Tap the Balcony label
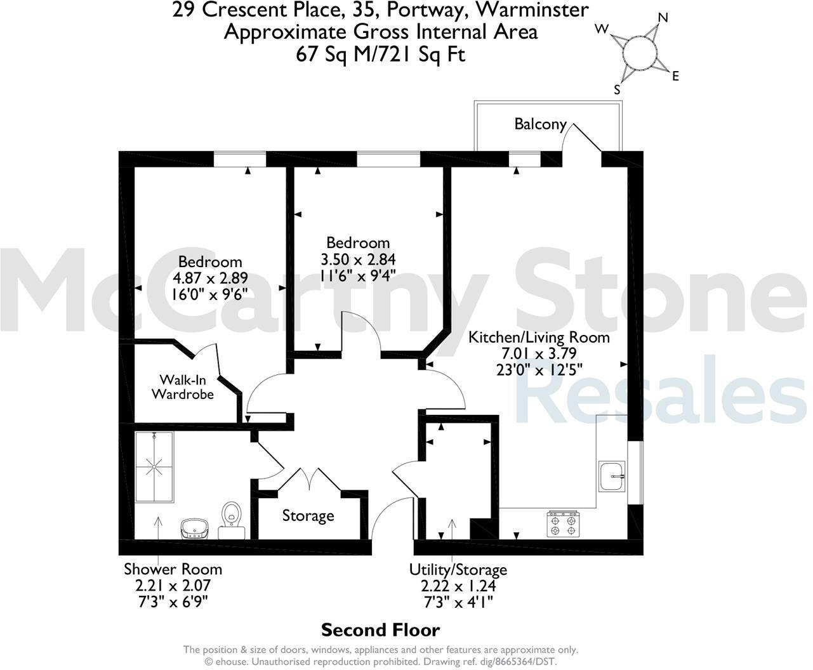540,124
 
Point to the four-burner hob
564,524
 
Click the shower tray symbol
154,468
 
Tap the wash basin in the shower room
194,527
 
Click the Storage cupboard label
308,516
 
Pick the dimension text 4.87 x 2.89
209,278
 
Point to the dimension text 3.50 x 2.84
358,259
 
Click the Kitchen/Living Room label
538,337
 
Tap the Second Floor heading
380,630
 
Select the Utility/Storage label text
458,570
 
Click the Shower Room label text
173,568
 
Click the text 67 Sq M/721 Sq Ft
380,55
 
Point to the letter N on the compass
663,18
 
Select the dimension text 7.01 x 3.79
538,353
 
